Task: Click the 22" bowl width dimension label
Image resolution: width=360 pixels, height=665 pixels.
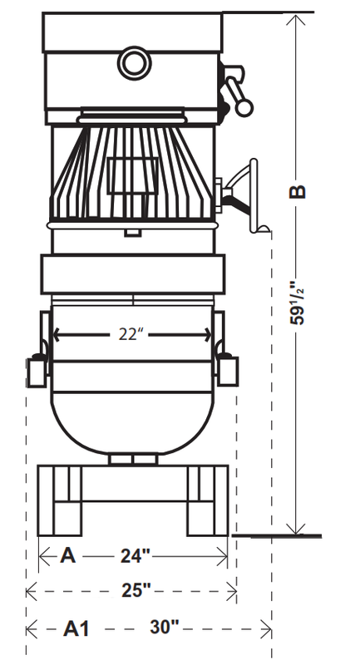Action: click(130, 335)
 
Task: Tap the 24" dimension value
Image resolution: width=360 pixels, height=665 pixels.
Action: click(136, 556)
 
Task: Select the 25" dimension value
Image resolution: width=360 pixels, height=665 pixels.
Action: click(136, 590)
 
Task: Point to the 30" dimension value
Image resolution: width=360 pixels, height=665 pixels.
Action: click(165, 627)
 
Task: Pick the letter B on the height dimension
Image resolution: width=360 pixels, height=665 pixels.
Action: click(297, 192)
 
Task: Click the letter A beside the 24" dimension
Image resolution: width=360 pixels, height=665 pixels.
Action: click(68, 555)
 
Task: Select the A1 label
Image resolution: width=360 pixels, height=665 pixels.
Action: click(76, 628)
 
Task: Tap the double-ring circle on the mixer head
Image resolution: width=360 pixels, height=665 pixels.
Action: click(135, 63)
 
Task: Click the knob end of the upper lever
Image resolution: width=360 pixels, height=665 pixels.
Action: click(244, 108)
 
